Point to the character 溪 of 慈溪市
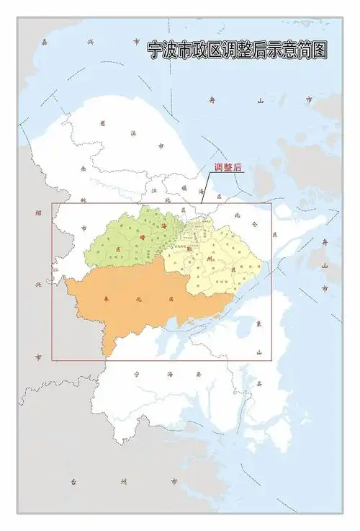pos(133,133)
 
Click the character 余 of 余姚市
pos(84,169)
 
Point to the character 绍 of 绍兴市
pos(38,213)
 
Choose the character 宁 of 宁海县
pos(137,373)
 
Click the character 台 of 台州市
pos(73,481)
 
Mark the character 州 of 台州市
pos(123,481)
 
